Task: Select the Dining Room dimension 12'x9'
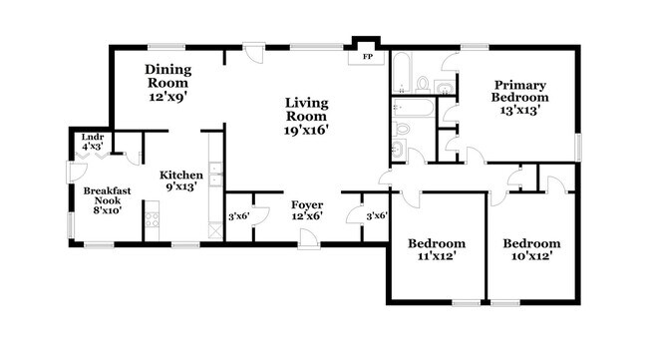(167, 98)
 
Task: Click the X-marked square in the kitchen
(213, 228)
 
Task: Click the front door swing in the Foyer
(308, 234)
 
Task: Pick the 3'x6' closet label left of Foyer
(238, 216)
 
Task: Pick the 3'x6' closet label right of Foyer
(376, 216)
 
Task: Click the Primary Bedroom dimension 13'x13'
(519, 111)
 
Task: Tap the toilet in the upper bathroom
(423, 82)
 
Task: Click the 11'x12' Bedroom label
(437, 255)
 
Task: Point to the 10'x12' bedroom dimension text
(530, 256)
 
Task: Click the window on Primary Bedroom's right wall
(578, 146)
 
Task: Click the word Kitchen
(182, 175)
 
